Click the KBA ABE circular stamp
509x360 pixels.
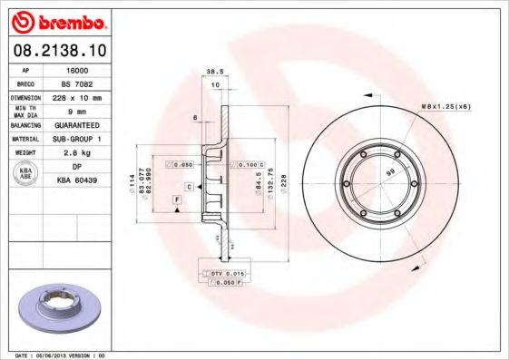(x=26, y=174)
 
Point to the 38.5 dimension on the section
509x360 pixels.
(x=215, y=70)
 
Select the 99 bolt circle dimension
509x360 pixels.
(x=390, y=170)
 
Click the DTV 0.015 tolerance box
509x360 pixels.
(x=221, y=273)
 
